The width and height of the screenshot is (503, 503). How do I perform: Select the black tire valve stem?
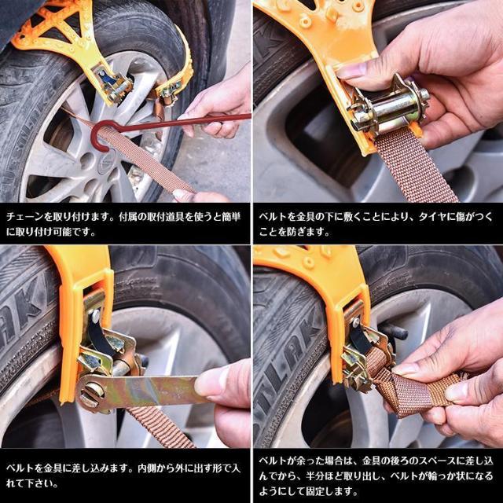point(393,331)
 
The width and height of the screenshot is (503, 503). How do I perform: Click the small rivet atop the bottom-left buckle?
point(94,315)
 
